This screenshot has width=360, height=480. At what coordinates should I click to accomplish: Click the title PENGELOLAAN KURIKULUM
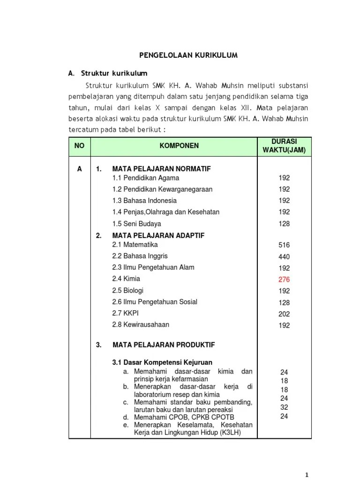coord(188,55)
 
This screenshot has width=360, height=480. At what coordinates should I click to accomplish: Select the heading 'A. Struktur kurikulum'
coord(108,74)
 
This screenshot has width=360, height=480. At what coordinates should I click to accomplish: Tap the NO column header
coord(79,146)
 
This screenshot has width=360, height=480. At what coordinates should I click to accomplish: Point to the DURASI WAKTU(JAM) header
coord(284,146)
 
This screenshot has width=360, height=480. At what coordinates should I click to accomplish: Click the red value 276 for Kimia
coord(284,279)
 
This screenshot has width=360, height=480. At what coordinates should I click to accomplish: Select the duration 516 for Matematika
coord(284,245)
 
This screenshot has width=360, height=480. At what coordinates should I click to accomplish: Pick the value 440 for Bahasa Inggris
coord(284,257)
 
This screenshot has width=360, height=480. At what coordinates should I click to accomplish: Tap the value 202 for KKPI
coord(284,314)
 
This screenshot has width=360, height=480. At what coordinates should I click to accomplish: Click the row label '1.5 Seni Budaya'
coord(136,224)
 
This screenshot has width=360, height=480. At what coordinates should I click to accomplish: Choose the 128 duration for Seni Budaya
coord(284,224)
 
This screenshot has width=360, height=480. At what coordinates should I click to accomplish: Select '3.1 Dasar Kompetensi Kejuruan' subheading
coord(162,362)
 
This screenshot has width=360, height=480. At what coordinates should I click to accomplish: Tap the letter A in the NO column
coord(80,169)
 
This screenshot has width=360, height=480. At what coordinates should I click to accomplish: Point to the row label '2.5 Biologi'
coord(128,291)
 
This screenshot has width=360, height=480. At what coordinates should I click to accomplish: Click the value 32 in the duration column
coord(284,407)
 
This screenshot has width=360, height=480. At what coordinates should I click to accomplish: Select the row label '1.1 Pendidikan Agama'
coord(146,178)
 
